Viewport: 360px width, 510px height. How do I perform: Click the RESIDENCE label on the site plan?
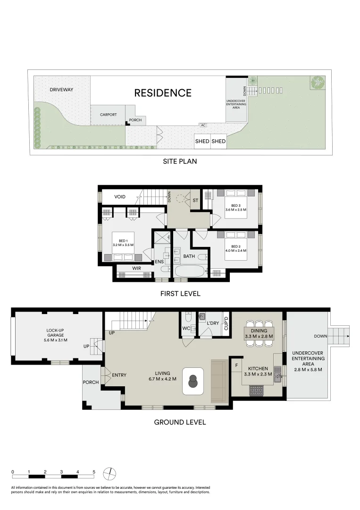[x=163, y=93]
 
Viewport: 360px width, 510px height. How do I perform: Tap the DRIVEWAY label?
[x=61, y=89]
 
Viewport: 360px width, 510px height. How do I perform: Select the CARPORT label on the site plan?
[x=108, y=114]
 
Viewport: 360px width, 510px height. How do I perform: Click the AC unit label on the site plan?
[x=203, y=125]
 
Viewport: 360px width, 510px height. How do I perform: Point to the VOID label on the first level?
[x=119, y=197]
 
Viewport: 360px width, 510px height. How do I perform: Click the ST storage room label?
[x=195, y=200]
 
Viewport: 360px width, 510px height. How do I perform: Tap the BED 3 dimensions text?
[x=236, y=210]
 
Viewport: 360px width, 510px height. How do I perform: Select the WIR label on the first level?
[x=136, y=268]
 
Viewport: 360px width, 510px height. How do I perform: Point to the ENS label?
[x=159, y=262]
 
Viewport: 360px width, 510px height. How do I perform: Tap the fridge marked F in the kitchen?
[x=237, y=365]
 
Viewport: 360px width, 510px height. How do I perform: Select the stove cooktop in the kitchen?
[x=256, y=390]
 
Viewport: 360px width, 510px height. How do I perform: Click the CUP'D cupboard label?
[x=226, y=323]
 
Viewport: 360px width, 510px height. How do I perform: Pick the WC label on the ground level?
[x=186, y=328]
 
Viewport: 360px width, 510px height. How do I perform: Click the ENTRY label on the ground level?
[x=119, y=375]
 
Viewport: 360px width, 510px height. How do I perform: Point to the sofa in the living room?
[x=220, y=381]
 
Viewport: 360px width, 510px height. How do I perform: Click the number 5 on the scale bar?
[x=94, y=472]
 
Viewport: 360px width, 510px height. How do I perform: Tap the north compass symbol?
[x=110, y=474]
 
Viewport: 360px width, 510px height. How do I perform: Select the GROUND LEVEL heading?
[x=180, y=422]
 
